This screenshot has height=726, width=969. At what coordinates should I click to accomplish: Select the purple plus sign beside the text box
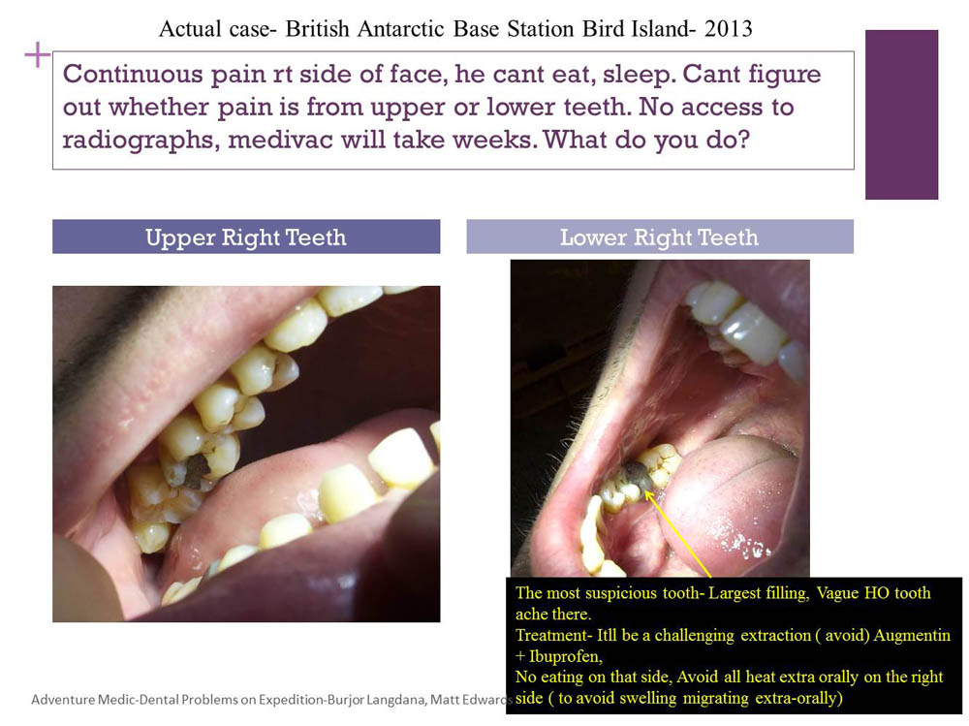coord(37,55)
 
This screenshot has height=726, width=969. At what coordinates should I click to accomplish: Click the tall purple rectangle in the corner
coord(901,114)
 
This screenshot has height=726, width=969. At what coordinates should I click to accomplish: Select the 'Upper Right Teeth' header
coord(246,237)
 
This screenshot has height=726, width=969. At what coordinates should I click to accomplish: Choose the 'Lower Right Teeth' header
coord(659,237)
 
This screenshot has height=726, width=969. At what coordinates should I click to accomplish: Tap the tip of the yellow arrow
coord(645,491)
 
